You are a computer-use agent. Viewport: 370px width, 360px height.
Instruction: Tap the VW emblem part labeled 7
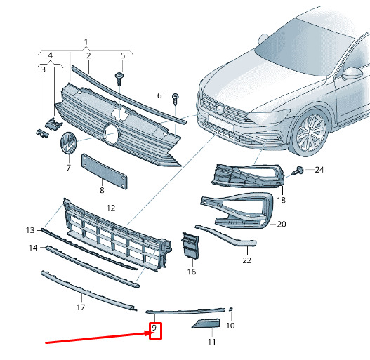coord(68,143)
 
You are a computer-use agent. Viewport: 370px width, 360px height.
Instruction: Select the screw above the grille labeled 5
coord(119,79)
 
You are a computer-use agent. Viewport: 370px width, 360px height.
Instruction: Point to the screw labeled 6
coord(176,99)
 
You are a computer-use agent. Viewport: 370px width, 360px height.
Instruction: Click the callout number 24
coord(319,170)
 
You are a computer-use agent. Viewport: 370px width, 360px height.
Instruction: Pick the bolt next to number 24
coord(298,171)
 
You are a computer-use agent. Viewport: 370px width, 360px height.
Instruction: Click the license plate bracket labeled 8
coord(105,171)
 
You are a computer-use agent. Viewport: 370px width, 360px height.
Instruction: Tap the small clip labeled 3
coord(42,133)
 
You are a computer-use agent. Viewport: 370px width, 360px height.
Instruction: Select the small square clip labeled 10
coord(231,309)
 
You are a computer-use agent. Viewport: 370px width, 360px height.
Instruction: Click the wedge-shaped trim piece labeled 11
coord(206,324)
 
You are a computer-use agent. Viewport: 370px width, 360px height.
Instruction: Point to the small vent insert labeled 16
coord(190,245)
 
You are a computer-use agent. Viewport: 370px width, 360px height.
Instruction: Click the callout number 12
coord(111,208)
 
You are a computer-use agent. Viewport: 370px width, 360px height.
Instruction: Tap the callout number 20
coord(282,224)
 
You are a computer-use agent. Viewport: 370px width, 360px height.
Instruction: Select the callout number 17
coord(81,307)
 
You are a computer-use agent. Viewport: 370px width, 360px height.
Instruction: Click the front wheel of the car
coord(310,133)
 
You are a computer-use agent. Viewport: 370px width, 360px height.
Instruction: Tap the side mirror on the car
coord(352,73)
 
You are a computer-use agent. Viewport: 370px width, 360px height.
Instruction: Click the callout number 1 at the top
coord(86,42)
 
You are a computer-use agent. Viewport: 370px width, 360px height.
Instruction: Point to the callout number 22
coord(247,260)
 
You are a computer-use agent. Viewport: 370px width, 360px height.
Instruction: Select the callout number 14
coord(33,248)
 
